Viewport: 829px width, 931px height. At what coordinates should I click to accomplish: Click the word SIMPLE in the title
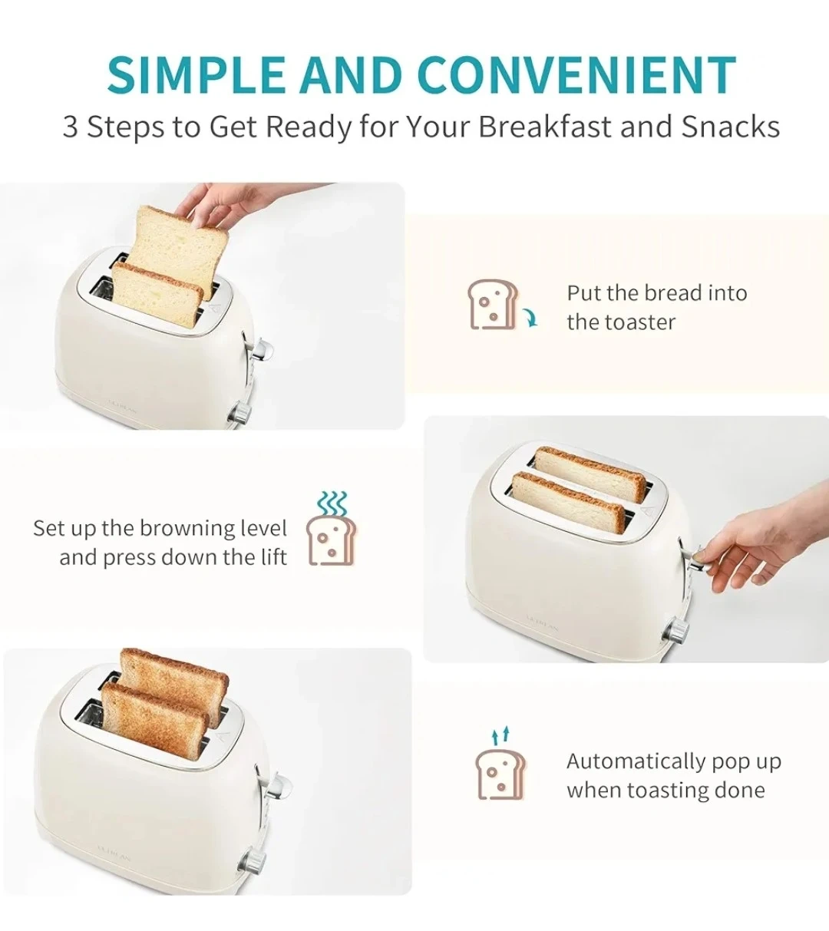[197, 75]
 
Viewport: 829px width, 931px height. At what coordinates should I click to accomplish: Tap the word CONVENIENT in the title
[576, 75]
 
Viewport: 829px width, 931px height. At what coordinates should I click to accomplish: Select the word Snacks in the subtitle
[731, 127]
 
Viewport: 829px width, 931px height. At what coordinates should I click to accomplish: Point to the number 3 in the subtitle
[70, 127]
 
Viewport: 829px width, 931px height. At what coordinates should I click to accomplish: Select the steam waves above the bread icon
[332, 503]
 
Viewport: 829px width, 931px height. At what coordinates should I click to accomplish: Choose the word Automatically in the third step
[636, 762]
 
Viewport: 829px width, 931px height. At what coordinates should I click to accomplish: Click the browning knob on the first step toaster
[240, 412]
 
